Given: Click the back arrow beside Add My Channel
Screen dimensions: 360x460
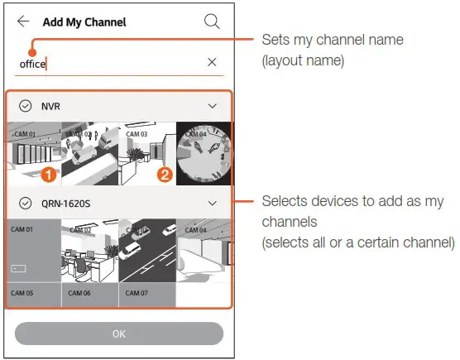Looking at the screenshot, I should pos(23,22).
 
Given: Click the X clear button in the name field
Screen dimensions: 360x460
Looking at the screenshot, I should pos(212,62).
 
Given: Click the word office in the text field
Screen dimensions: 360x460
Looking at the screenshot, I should pos(33,63).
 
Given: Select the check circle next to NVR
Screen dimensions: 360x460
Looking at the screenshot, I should pos(25,106).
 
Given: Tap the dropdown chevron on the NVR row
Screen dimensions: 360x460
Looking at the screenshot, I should pos(213,106).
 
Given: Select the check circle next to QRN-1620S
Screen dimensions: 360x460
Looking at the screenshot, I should pos(25,203).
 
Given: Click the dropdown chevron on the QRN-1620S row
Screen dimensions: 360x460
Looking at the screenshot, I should pos(213,203).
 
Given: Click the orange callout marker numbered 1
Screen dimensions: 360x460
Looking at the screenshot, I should pos(49,175).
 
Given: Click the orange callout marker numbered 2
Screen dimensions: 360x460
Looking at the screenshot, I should pos(165,175).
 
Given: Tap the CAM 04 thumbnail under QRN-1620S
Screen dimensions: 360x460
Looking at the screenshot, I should pos(204,250).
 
